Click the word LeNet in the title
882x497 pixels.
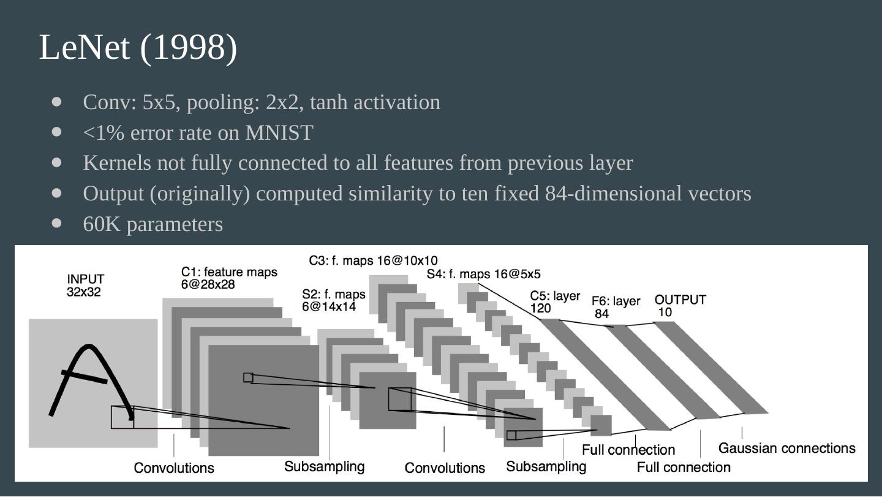pyautogui.click(x=84, y=48)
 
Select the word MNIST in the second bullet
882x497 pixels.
pyautogui.click(x=279, y=132)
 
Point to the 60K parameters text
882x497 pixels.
pyautogui.click(x=153, y=224)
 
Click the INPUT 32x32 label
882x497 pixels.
pyautogui.click(x=85, y=286)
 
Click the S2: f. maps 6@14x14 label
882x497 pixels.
pyautogui.click(x=333, y=300)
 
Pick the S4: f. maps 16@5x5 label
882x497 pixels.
pyautogui.click(x=483, y=274)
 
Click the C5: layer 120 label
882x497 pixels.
pyautogui.click(x=554, y=302)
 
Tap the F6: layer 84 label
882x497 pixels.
pyautogui.click(x=615, y=307)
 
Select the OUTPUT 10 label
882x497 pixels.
pyautogui.click(x=680, y=305)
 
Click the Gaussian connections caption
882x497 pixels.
pyautogui.click(x=786, y=449)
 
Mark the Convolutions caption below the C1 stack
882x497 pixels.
pyautogui.click(x=174, y=468)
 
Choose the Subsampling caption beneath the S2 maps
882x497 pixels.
pyautogui.click(x=324, y=467)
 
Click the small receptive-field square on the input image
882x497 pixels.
pyautogui.click(x=122, y=417)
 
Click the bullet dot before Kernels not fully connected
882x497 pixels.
pyautogui.click(x=58, y=162)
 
